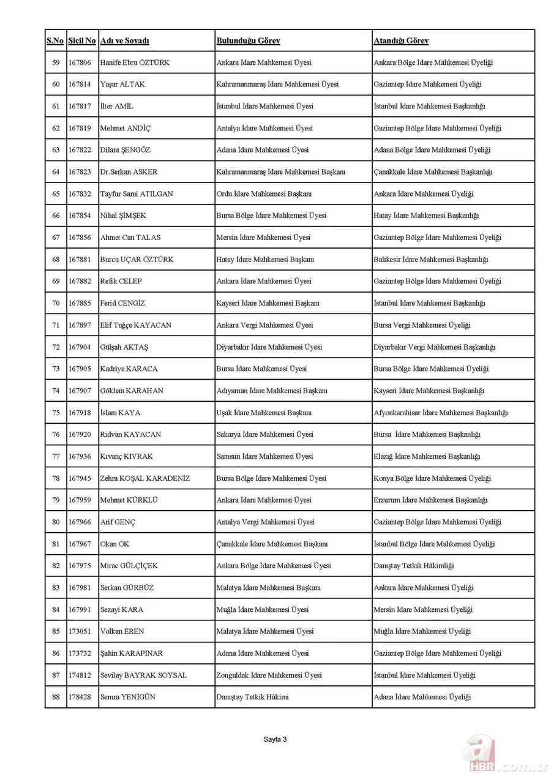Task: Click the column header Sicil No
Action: [x=82, y=41]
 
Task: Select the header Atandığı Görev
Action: [x=401, y=41]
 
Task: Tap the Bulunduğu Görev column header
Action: [x=248, y=41]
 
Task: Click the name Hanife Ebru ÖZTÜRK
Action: [x=135, y=62]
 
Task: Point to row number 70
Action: [x=56, y=303]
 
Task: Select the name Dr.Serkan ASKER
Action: [x=129, y=172]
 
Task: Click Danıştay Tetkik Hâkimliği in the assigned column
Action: [x=414, y=566]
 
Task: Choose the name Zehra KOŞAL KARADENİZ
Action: [x=145, y=478]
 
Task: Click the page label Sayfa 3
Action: [x=275, y=739]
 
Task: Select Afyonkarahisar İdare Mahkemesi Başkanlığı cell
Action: [x=440, y=413]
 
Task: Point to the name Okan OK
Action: [x=114, y=544]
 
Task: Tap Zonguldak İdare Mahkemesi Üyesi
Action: [x=269, y=675]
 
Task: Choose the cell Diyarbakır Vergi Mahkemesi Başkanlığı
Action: [x=434, y=347]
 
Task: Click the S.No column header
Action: [x=55, y=41]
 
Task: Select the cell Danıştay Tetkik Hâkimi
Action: [x=252, y=697]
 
